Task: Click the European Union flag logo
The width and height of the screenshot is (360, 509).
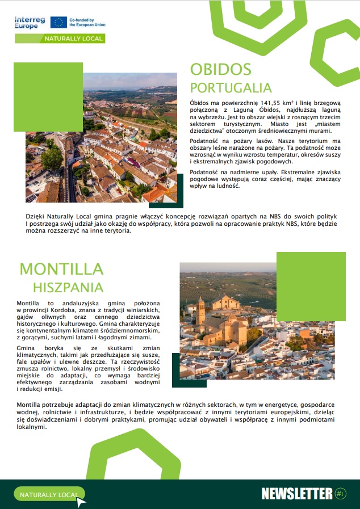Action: (x=58, y=22)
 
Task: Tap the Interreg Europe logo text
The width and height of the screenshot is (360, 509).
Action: (x=30, y=22)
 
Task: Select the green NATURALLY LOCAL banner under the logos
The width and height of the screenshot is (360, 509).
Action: (x=60, y=39)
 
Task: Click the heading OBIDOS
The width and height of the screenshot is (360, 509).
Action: (x=220, y=69)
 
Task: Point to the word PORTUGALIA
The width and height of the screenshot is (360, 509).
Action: (x=231, y=88)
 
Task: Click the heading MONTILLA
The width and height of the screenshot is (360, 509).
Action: (x=61, y=269)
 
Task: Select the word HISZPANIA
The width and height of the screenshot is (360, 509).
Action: (x=68, y=287)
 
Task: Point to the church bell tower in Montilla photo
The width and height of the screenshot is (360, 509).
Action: (x=200, y=311)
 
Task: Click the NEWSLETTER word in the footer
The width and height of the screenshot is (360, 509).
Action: (x=296, y=494)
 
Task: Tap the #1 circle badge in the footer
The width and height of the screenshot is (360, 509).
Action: (x=341, y=494)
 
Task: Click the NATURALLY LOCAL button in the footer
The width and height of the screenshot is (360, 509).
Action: (x=49, y=495)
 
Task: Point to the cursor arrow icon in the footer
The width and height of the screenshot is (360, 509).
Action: (x=81, y=501)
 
